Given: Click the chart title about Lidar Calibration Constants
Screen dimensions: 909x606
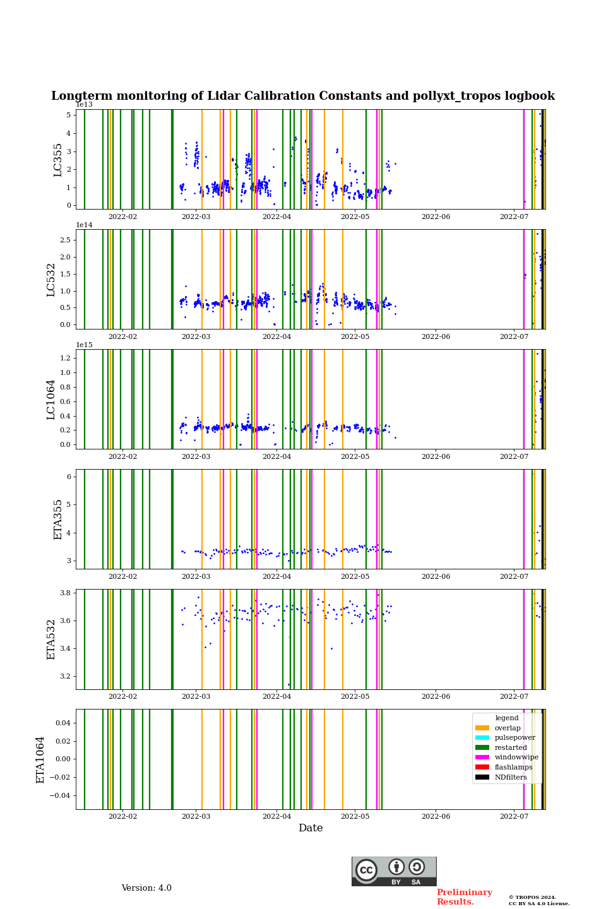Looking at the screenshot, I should [303, 96].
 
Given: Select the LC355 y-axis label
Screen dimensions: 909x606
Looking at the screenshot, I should [58, 160].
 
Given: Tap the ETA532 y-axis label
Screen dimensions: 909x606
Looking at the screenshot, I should [52, 639].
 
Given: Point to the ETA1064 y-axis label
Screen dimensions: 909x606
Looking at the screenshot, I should [40, 759].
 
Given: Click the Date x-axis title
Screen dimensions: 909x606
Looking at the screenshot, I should [311, 828].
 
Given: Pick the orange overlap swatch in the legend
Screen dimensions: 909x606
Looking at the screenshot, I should [482, 728].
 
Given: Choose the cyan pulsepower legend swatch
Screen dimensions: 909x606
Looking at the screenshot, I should [482, 737].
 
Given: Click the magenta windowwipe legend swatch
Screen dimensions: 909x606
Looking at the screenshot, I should [482, 757].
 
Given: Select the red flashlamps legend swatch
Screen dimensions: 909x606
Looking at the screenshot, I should [482, 767].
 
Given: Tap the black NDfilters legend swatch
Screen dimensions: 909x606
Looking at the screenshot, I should [482, 777].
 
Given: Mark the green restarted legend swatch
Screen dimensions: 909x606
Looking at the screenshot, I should [482, 747].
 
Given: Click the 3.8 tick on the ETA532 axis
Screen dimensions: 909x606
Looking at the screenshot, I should [65, 593].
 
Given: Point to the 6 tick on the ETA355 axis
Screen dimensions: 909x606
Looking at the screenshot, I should [69, 477].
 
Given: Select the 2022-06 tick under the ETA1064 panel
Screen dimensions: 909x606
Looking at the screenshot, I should [436, 817].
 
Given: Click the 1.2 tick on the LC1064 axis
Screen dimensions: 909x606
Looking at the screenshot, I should [65, 358].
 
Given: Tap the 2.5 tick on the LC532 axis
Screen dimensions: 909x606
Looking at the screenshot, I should [65, 240].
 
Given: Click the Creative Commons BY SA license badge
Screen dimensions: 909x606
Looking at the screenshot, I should [394, 871].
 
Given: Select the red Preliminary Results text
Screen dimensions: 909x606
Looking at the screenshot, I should [464, 897].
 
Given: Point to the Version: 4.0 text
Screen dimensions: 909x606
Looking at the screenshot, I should [146, 888].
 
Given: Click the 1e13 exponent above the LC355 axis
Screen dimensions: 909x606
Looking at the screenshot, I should [85, 105].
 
